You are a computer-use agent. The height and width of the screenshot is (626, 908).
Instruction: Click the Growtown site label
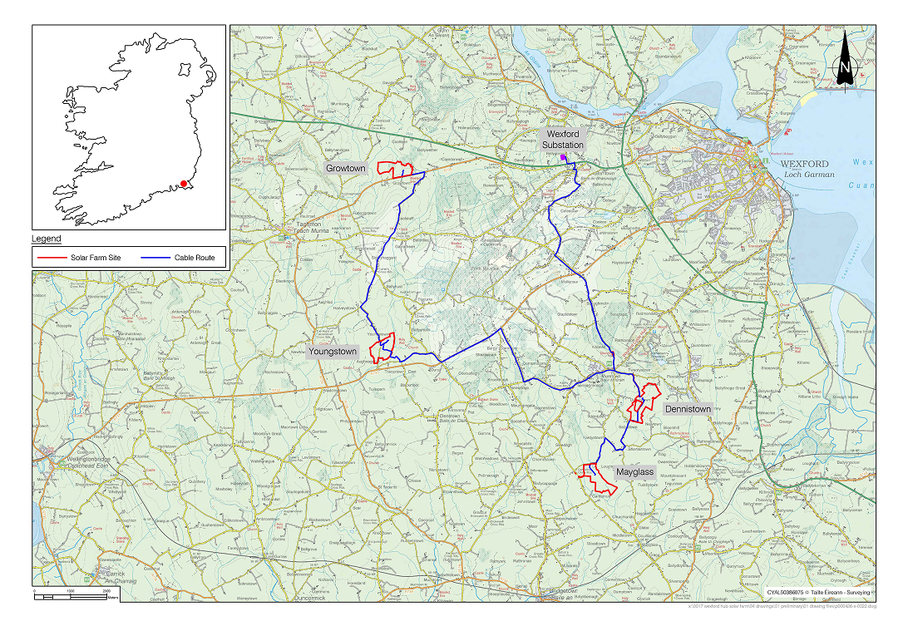(345, 168)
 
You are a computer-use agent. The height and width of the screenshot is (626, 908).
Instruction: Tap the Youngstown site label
(333, 352)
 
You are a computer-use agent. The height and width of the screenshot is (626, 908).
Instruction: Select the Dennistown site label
(688, 409)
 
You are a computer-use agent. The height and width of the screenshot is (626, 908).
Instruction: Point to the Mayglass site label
(635, 472)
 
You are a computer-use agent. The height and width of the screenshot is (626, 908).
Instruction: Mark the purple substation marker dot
(563, 156)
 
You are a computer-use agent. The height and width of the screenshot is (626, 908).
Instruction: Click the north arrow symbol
(844, 61)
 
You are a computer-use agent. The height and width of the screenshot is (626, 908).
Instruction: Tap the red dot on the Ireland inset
(183, 184)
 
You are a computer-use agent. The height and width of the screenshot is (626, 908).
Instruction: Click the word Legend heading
(47, 239)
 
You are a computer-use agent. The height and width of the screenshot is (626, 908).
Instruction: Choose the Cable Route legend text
(195, 258)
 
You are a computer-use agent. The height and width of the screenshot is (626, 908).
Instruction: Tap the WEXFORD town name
(805, 164)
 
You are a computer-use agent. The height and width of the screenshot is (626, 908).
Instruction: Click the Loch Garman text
(806, 175)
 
